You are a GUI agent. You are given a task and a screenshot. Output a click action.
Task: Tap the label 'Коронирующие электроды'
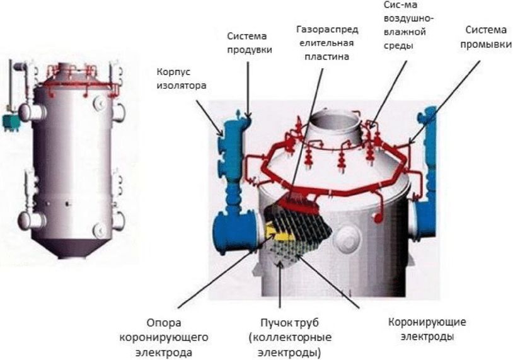tap(428, 329)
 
